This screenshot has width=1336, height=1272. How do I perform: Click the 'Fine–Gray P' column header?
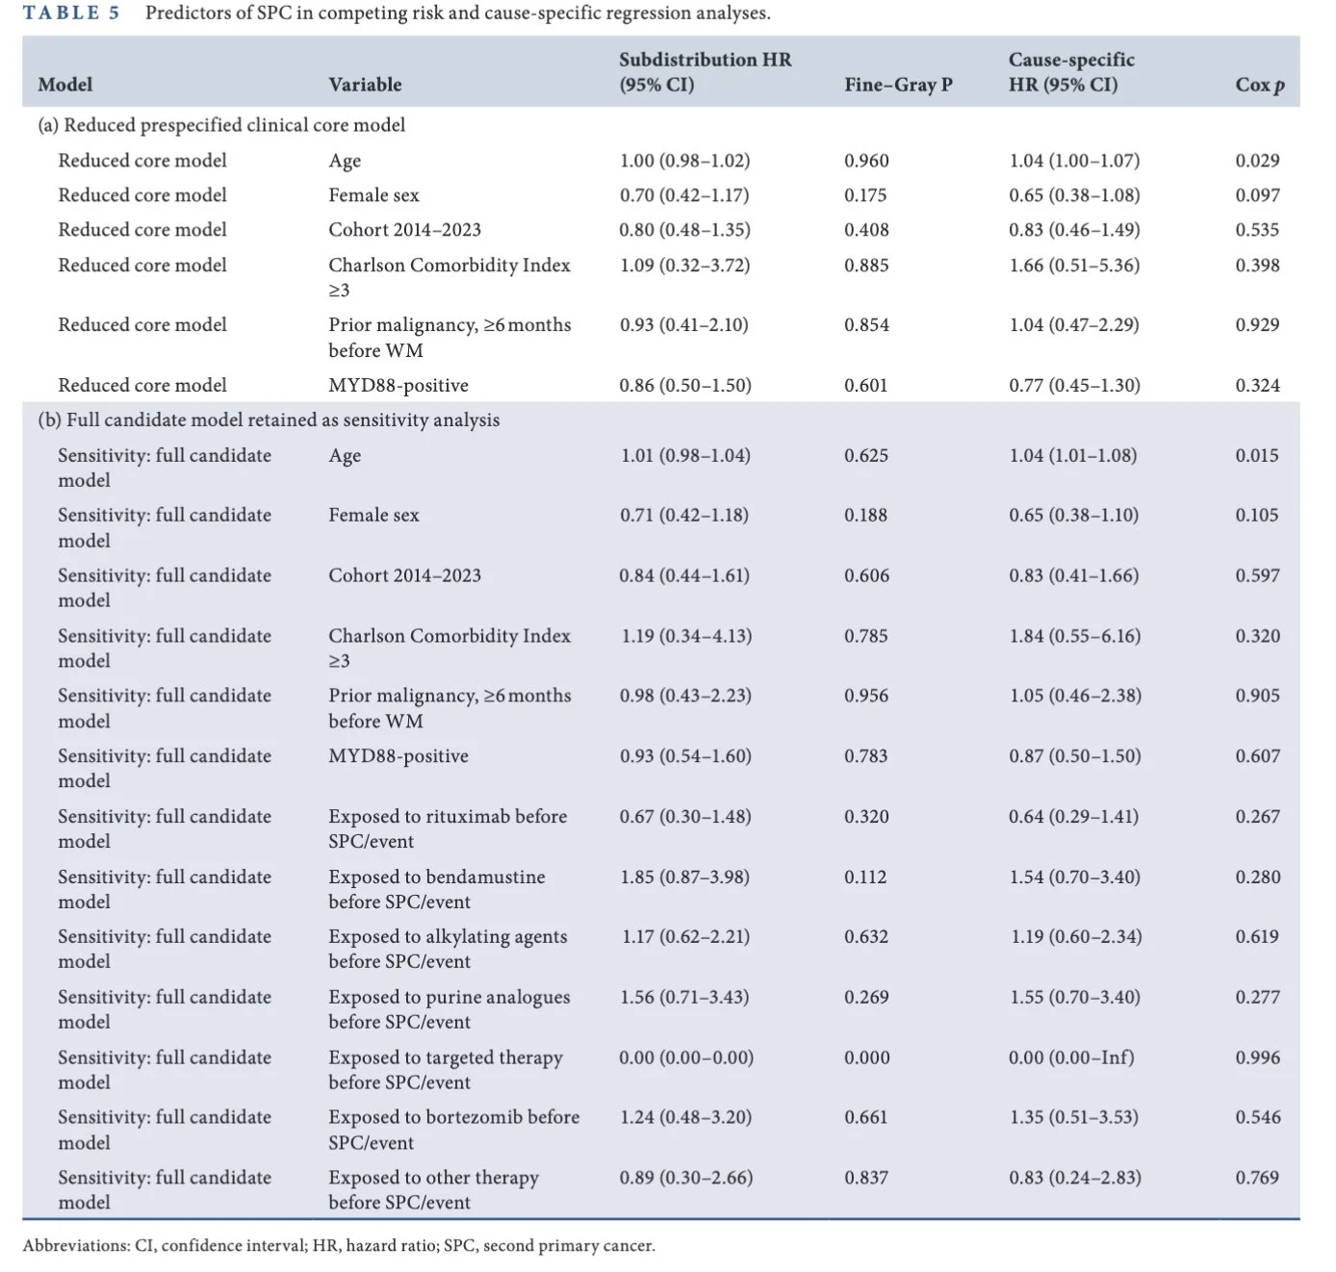898,85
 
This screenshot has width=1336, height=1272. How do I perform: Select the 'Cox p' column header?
1259,85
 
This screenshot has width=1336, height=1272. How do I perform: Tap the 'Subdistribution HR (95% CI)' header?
705,72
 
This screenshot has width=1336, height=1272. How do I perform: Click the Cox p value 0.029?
1257,161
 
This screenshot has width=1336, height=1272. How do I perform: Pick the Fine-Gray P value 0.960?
866,161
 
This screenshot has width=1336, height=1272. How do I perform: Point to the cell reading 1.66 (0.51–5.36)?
1073,265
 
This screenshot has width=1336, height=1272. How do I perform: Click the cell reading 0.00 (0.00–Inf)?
1071,1057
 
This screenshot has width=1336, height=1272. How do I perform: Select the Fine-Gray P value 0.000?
866,1057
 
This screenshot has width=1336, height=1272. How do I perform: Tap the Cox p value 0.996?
1257,1057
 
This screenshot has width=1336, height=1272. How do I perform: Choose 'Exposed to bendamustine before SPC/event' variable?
436,889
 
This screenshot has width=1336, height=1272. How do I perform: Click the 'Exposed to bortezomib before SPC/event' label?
453,1130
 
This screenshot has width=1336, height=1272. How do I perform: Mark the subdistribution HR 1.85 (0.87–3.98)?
684,877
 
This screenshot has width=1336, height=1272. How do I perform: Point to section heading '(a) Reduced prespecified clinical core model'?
221,125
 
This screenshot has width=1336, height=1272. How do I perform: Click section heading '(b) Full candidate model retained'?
269,420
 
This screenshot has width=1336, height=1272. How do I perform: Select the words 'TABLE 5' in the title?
71,13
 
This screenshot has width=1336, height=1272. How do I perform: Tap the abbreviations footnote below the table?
339,1245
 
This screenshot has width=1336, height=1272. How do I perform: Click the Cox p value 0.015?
1256,455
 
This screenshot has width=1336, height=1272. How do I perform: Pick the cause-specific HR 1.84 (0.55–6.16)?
1074,636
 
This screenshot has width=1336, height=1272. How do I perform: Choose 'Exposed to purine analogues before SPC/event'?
450,1009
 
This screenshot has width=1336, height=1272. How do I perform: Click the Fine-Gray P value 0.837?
865,1178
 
